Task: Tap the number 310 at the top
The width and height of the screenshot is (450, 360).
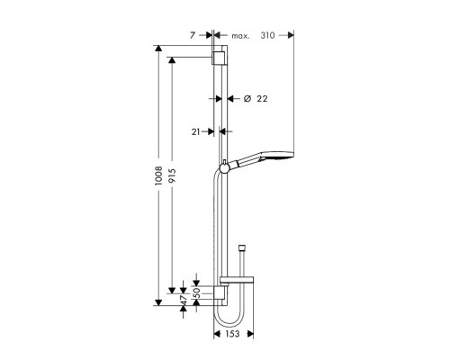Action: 266,36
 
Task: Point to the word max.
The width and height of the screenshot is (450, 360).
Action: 240,36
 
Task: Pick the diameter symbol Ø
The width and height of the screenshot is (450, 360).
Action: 247,98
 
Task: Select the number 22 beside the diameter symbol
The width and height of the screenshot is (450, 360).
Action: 264,98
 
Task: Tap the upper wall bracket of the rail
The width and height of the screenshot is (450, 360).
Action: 217,58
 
